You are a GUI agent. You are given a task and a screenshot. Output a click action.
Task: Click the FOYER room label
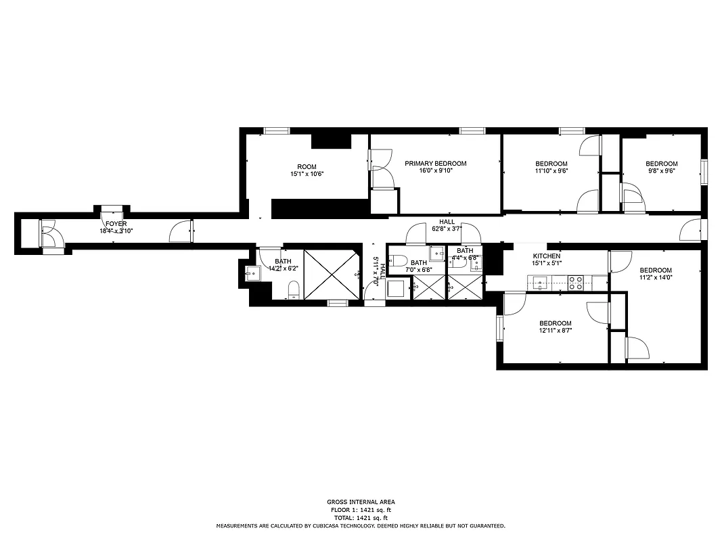(116, 223)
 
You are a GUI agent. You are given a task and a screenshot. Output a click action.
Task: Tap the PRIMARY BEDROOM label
(435, 164)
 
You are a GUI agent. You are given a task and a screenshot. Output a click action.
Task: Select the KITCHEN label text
(546, 256)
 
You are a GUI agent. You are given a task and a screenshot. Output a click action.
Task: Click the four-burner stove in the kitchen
(575, 283)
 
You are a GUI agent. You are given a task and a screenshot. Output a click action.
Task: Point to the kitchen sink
(540, 283)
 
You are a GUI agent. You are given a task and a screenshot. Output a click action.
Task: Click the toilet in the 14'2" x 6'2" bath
(294, 291)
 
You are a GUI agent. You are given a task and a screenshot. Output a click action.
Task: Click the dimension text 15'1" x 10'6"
(307, 174)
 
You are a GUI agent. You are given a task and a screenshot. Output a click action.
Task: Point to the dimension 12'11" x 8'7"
(555, 331)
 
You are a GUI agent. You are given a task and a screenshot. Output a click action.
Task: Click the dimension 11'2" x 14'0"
(656, 277)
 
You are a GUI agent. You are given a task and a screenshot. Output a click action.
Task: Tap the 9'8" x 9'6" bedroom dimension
(661, 171)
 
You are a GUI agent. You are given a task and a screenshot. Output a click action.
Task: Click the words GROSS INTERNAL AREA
(360, 502)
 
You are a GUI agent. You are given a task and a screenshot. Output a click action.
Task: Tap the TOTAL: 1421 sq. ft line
(360, 517)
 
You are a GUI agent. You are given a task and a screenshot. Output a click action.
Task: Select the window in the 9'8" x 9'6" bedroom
(704, 171)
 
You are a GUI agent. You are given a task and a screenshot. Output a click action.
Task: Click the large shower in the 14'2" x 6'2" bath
(330, 275)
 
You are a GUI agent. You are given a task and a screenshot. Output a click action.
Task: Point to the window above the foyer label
(111, 208)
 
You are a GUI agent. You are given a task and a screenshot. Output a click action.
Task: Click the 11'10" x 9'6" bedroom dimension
(551, 171)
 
